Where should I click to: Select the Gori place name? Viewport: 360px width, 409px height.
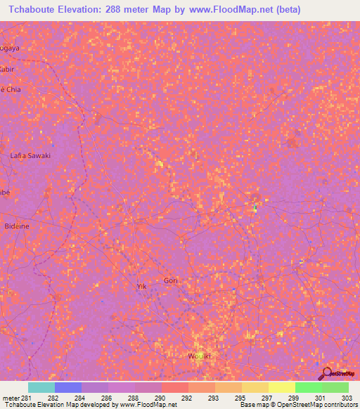tap(172, 280)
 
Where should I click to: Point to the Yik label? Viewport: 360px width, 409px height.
tap(141, 286)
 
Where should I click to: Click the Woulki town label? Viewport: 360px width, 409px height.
tap(200, 356)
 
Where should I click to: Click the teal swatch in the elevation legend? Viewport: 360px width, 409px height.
tap(41, 387)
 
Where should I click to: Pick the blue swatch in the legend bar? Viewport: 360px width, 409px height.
tap(68, 387)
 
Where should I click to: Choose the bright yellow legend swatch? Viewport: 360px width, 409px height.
tap(282, 387)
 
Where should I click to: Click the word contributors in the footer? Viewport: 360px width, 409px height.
tap(339, 405)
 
